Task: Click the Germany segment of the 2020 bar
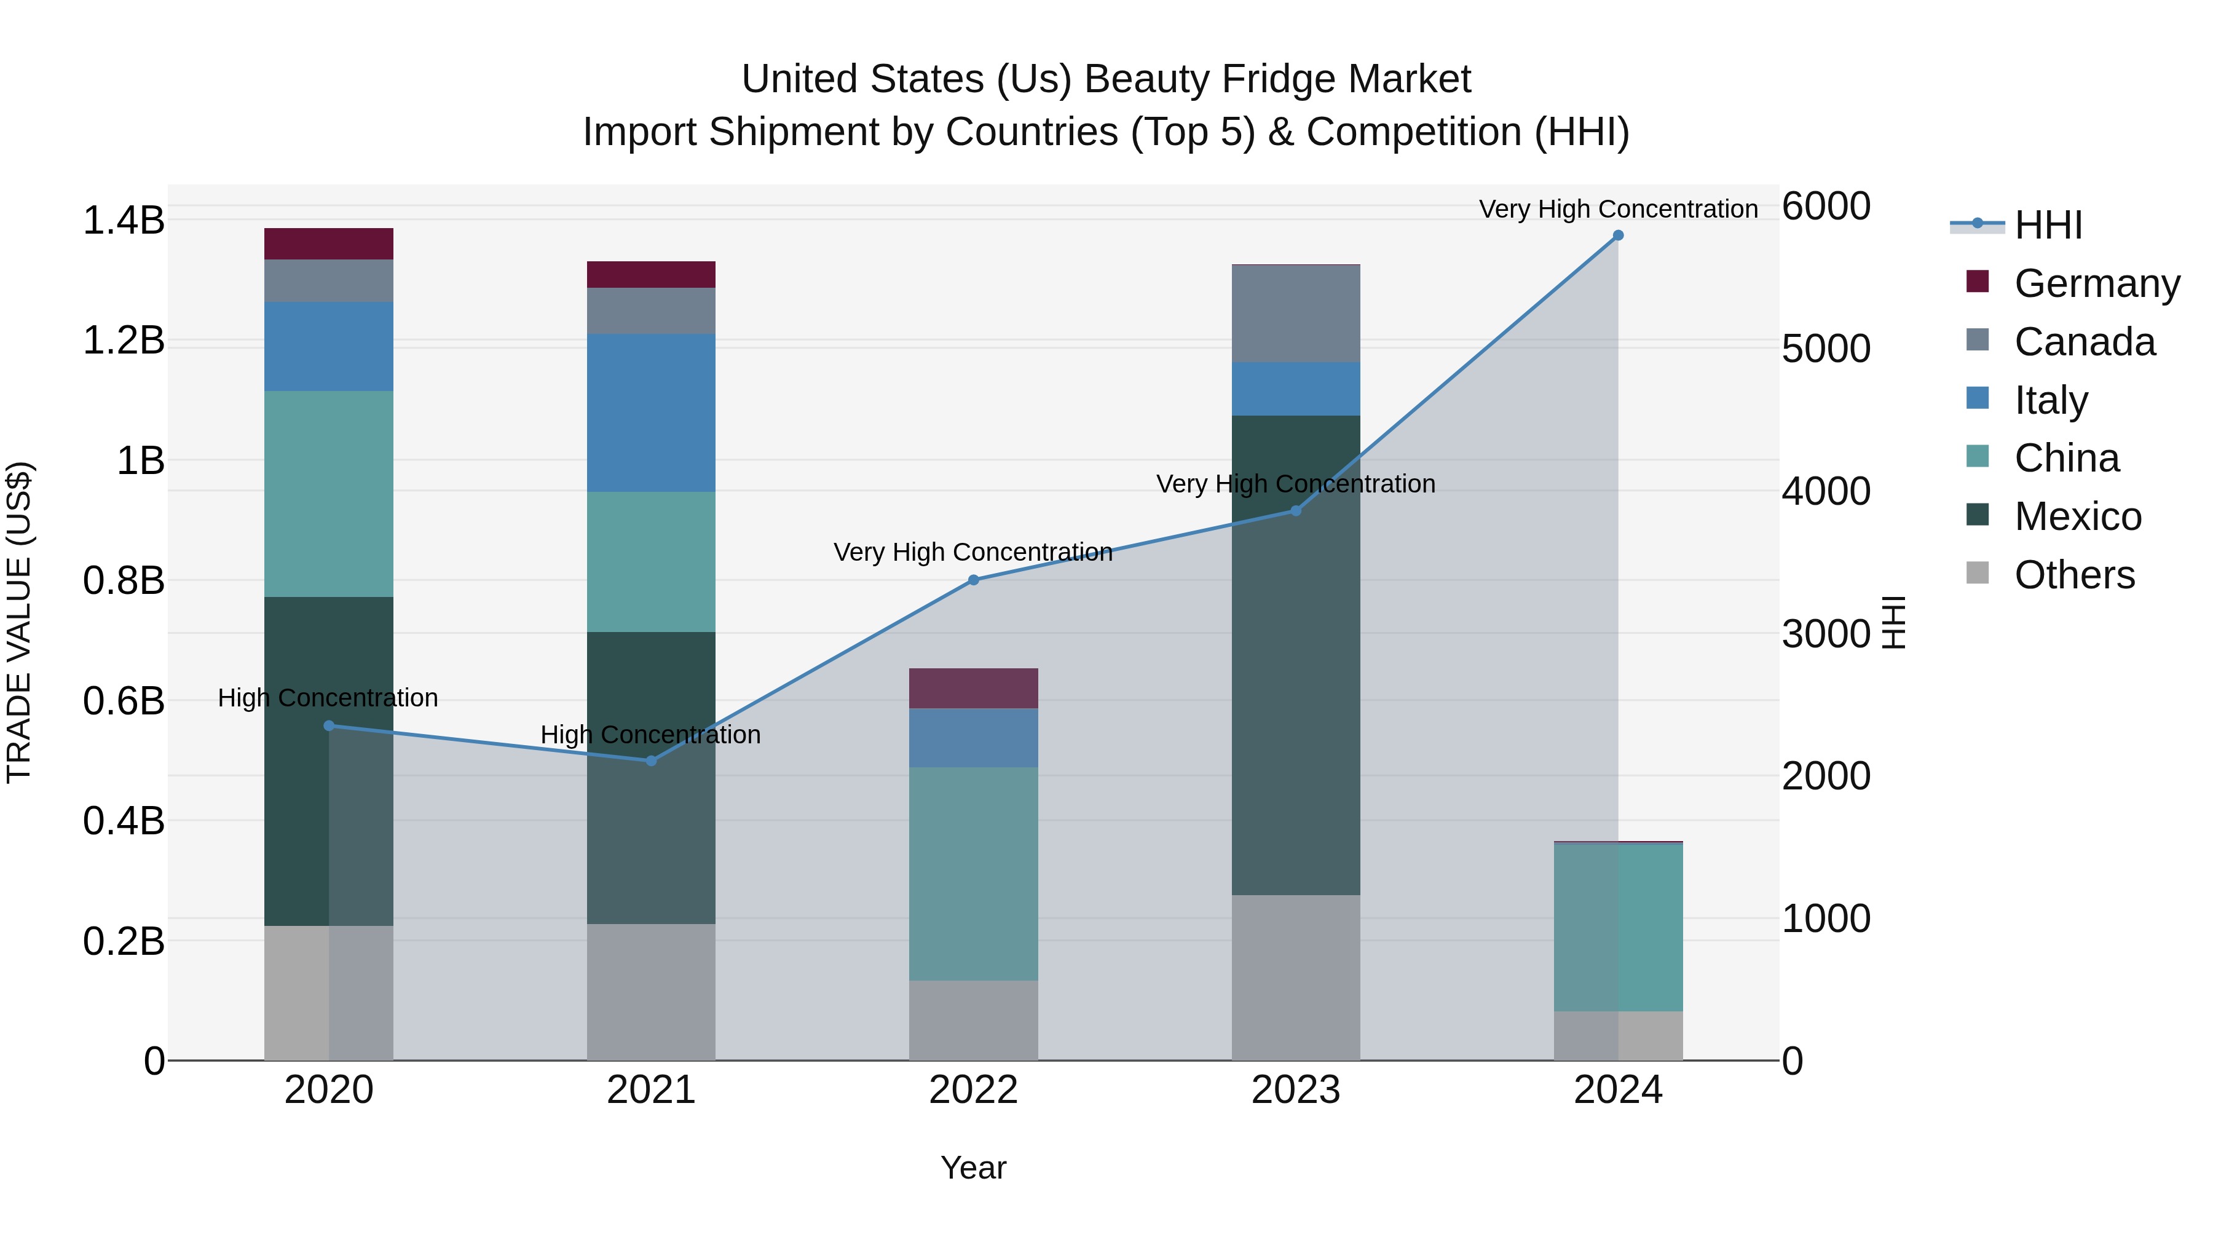[328, 244]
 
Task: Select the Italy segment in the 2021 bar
[650, 413]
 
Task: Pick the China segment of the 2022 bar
[973, 873]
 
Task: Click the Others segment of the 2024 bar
[1618, 1035]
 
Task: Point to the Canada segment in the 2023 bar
[1295, 314]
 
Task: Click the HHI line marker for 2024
[1618, 235]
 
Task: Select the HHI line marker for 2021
[650, 761]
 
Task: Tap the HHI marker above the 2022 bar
[973, 580]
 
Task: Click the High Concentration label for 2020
[328, 698]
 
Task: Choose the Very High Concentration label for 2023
[1295, 484]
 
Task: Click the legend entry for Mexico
[2077, 516]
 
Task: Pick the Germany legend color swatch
[1978, 282]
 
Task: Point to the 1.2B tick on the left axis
[123, 340]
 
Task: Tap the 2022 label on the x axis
[973, 1090]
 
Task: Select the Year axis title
[973, 1168]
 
